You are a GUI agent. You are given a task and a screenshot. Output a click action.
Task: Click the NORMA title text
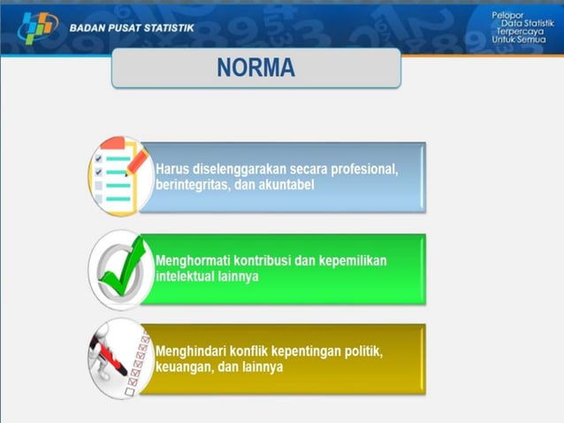(256, 68)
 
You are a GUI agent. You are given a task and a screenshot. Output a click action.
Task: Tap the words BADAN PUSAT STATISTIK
(132, 27)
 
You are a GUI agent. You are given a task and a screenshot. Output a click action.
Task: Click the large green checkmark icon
(119, 268)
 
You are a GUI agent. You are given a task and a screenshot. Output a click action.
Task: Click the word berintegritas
(191, 186)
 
